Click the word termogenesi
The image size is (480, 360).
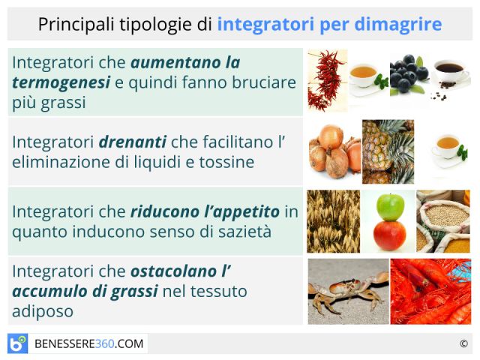(x=61, y=82)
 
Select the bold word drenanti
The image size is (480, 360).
(x=133, y=142)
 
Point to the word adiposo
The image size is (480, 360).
(x=43, y=312)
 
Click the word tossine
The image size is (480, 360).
(x=226, y=162)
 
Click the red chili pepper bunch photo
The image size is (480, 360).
(x=328, y=81)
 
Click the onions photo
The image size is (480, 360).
(x=335, y=151)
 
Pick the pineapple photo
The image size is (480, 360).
(x=388, y=151)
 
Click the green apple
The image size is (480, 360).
(x=390, y=207)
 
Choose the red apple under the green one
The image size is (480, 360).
(x=390, y=235)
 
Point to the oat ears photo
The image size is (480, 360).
(x=333, y=221)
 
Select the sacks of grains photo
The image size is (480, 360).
(x=443, y=221)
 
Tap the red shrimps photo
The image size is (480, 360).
(x=430, y=292)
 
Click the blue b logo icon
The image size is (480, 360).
(x=18, y=343)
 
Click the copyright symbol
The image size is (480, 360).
(x=463, y=343)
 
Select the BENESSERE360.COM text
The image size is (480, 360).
(x=88, y=343)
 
